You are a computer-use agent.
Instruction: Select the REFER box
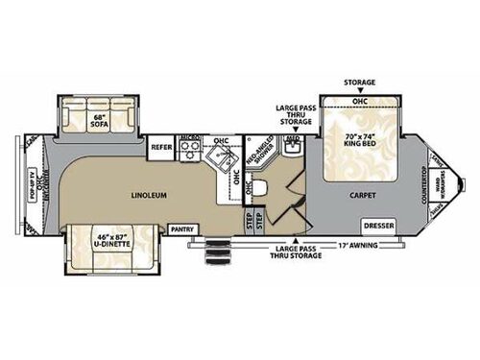(x=160, y=148)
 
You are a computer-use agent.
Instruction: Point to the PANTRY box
(x=181, y=229)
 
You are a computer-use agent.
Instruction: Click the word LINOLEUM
(x=149, y=194)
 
